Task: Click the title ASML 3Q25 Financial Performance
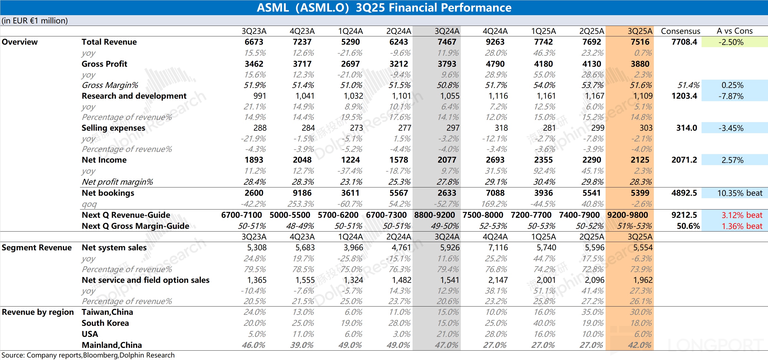pos(384,7)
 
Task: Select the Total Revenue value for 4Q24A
pos(495,42)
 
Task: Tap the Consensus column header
pos(680,31)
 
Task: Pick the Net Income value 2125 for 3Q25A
pos(640,160)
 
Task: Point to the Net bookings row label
pos(108,193)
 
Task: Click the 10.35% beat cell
pos(740,193)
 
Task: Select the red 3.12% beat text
pos(742,215)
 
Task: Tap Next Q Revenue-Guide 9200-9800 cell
pos(628,215)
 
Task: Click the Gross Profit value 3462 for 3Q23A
pos(254,64)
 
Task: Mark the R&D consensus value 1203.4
pos(684,96)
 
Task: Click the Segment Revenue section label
pos(37,248)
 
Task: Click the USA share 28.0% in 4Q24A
pos(496,334)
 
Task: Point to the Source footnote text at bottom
pos(88,355)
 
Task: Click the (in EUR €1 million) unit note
pos(34,21)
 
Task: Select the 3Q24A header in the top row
pos(447,31)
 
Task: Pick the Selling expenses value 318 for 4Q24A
pos(501,128)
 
